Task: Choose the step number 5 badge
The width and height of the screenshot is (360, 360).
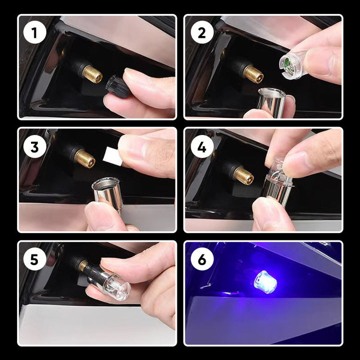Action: click(34, 259)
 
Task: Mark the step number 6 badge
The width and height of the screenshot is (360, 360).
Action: click(201, 259)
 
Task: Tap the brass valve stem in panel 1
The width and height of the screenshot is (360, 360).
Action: click(92, 74)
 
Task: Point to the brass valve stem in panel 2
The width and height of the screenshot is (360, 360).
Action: click(253, 74)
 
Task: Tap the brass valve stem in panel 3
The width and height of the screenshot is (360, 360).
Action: click(84, 158)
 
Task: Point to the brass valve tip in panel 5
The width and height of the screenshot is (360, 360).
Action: click(83, 265)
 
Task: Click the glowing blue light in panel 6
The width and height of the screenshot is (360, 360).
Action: click(265, 281)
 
